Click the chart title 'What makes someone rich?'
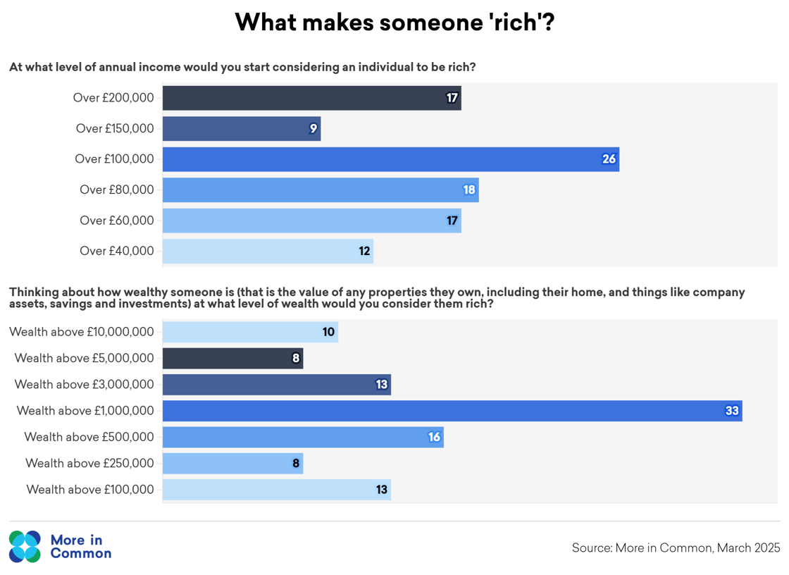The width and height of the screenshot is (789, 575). (x=394, y=23)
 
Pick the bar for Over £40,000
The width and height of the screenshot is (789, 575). (x=268, y=251)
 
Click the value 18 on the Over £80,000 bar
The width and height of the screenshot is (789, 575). (x=469, y=190)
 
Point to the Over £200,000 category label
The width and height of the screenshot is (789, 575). (x=113, y=98)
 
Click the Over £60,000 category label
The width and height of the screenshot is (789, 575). (x=117, y=221)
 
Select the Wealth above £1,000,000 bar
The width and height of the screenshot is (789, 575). (x=452, y=411)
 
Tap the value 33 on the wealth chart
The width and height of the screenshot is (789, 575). (x=732, y=411)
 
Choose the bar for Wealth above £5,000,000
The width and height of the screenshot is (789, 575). (x=232, y=358)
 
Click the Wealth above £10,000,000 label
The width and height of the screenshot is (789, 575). (x=82, y=332)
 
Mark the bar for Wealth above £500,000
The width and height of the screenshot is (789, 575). (x=303, y=437)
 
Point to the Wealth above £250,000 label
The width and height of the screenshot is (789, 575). (x=89, y=463)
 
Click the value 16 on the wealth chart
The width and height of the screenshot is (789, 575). (x=434, y=437)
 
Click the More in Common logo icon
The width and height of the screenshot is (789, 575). (x=25, y=547)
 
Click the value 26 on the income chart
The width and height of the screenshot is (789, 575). (x=609, y=159)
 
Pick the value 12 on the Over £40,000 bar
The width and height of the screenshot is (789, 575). (x=364, y=251)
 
